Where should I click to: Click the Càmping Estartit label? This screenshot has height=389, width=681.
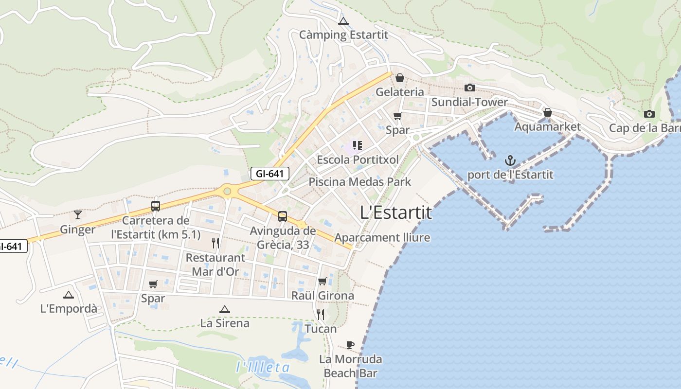[343, 35]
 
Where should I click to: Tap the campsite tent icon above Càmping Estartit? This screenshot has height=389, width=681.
[343, 21]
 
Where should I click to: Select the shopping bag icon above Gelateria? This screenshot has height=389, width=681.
[400, 78]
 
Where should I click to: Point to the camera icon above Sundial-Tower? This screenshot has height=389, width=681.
[469, 88]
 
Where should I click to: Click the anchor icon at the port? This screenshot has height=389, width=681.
[510, 160]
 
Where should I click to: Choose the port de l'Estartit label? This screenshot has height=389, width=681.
[510, 175]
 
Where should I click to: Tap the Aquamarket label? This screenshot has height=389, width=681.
[547, 127]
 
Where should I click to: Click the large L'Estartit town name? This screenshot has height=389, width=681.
[396, 212]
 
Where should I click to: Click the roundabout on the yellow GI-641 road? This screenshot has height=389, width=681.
[227, 191]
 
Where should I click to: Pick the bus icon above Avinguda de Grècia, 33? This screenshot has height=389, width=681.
[283, 216]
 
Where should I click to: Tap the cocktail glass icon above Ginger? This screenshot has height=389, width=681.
[78, 214]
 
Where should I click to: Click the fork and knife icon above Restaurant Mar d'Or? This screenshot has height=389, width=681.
[215, 243]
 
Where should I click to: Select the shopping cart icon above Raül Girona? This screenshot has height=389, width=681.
[323, 281]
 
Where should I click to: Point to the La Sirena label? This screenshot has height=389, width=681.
[225, 323]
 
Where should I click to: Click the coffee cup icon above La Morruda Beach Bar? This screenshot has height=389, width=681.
[350, 345]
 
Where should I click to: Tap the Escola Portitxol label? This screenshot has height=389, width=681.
[358, 159]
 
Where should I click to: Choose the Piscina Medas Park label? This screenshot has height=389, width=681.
[360, 182]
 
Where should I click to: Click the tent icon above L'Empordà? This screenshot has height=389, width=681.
[69, 295]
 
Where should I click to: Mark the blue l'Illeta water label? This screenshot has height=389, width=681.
[263, 368]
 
